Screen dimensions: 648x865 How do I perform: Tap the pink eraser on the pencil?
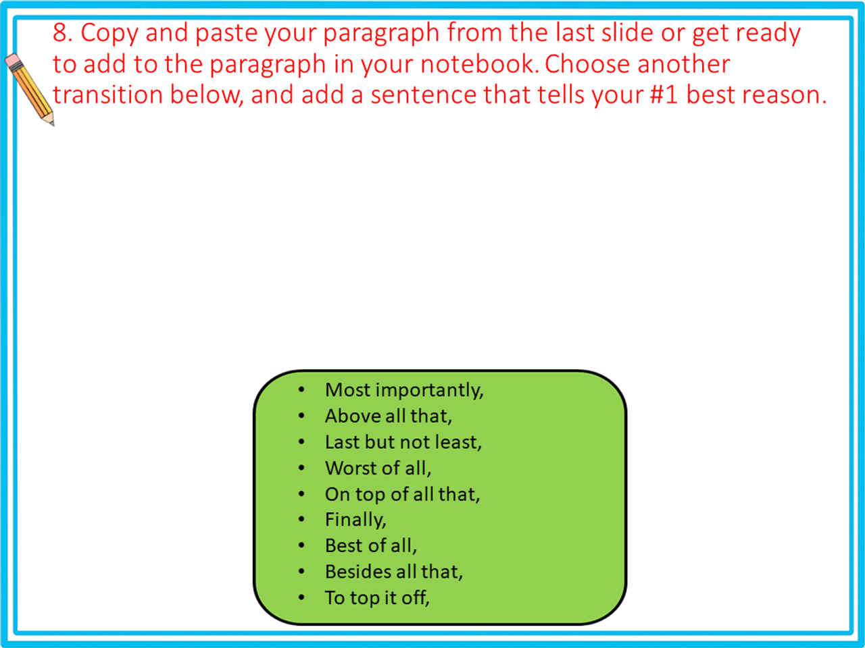coord(14,62)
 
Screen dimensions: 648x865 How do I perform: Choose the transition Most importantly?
coord(404,390)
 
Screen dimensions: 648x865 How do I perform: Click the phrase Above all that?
coord(388,416)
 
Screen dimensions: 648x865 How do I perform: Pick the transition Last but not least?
coord(403,442)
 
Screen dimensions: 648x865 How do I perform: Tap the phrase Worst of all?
coord(378,468)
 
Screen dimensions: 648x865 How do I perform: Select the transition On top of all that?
coord(402,494)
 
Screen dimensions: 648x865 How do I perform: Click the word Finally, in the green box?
coord(355,520)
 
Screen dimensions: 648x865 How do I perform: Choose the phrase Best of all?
coord(370,545)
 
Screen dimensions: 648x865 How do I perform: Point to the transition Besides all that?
coord(393,572)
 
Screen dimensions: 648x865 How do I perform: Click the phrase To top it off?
coord(376,597)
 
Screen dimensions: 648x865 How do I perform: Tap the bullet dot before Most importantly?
coord(301,390)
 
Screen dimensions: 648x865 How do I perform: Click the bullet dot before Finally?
coord(301,520)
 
